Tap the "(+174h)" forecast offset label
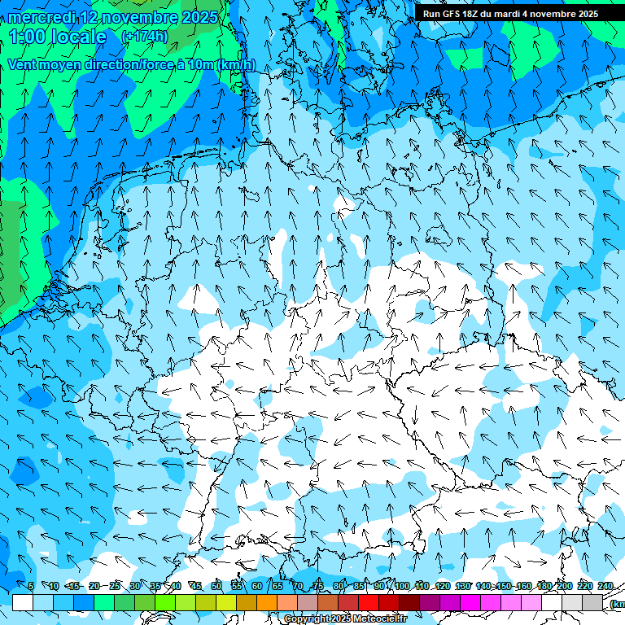tap(144, 37)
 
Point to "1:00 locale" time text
tap(58, 37)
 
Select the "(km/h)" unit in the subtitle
tap(236, 64)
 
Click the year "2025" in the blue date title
tap(199, 17)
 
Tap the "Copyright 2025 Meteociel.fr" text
tap(345, 618)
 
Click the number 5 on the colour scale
tap(31, 586)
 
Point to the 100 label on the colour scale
tap(401, 586)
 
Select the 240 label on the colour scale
tap(605, 586)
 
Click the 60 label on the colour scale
tap(257, 586)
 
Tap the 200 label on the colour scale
tap(564, 586)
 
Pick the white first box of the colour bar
tap(23, 602)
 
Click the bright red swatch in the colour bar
tap(369, 602)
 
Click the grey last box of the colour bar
tap(592, 602)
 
